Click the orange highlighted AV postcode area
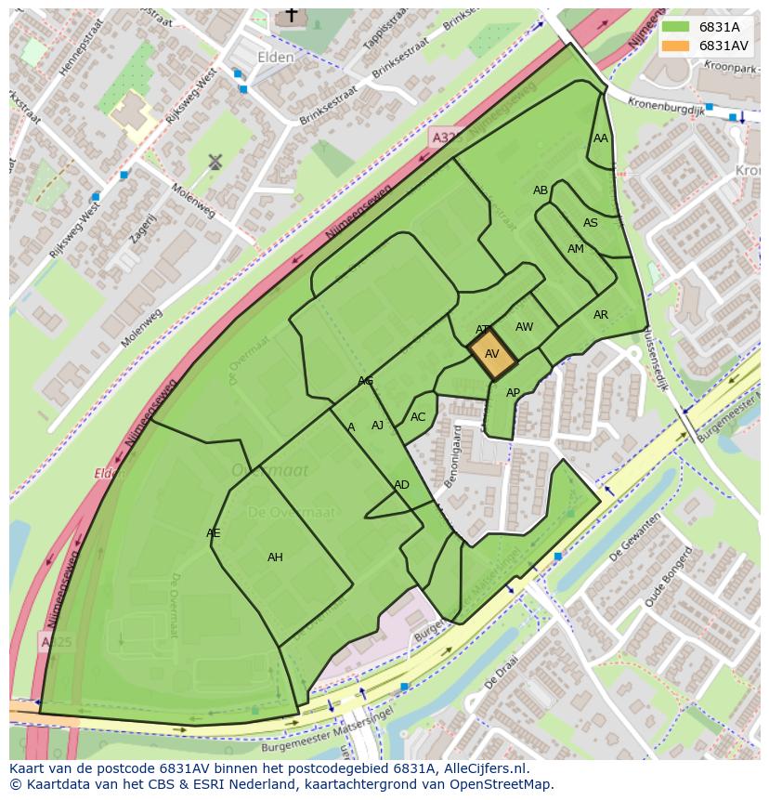click(492, 354)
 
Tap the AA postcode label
click(601, 138)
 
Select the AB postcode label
click(541, 190)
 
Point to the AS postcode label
click(591, 223)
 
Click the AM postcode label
click(576, 249)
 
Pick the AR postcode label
click(601, 315)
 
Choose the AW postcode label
click(524, 327)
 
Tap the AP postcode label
click(513, 393)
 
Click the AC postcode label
click(418, 417)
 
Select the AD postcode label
click(401, 485)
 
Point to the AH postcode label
click(275, 557)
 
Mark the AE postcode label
click(214, 533)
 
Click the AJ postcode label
click(377, 426)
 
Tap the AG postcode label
click(366, 382)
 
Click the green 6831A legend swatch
click(675, 27)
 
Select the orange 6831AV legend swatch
click(675, 46)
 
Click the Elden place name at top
click(276, 58)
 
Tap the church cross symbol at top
click(292, 15)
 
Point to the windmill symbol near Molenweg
click(215, 162)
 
